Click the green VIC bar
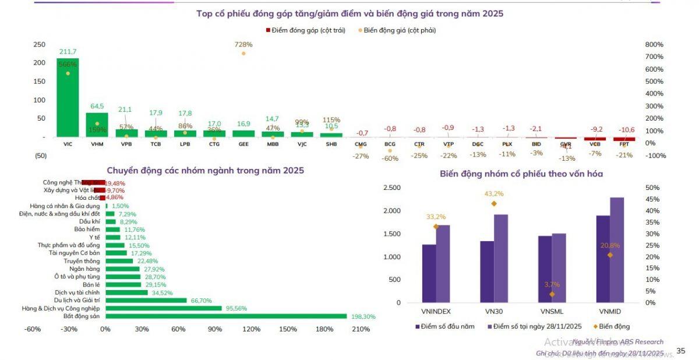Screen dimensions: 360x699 (x=68, y=98)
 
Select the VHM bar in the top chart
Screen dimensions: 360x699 (x=97, y=125)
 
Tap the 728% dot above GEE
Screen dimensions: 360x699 (x=243, y=54)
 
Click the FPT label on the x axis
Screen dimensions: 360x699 (x=624, y=143)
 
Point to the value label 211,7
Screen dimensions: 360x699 (x=68, y=52)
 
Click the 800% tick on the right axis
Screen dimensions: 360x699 (x=655, y=44)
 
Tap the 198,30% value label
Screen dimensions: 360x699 (x=363, y=316)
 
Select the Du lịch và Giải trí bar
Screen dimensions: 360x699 (x=146, y=301)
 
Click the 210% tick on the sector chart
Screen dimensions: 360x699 (x=361, y=329)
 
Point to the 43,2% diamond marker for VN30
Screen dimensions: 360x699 (x=494, y=204)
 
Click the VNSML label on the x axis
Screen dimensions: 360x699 (x=552, y=311)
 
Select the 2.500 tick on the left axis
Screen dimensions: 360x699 (x=392, y=188)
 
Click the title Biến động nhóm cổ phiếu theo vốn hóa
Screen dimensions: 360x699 (x=521, y=174)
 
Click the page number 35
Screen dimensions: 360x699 (x=680, y=351)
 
